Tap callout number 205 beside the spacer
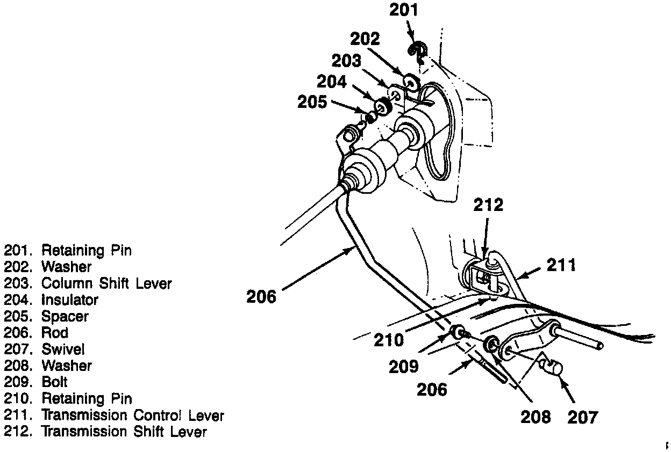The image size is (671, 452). tap(312, 101)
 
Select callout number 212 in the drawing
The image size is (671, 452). tap(488, 205)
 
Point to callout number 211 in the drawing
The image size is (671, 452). tap(561, 265)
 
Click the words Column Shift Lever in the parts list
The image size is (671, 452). tap(106, 283)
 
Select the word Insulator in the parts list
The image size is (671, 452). tap(70, 300)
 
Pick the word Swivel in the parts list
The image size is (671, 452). tap(63, 349)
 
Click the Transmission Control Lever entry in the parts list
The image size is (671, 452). tap(132, 415)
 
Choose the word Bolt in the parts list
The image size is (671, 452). tap(54, 382)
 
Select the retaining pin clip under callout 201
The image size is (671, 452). tap(418, 52)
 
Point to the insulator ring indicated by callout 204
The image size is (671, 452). tap(383, 105)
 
